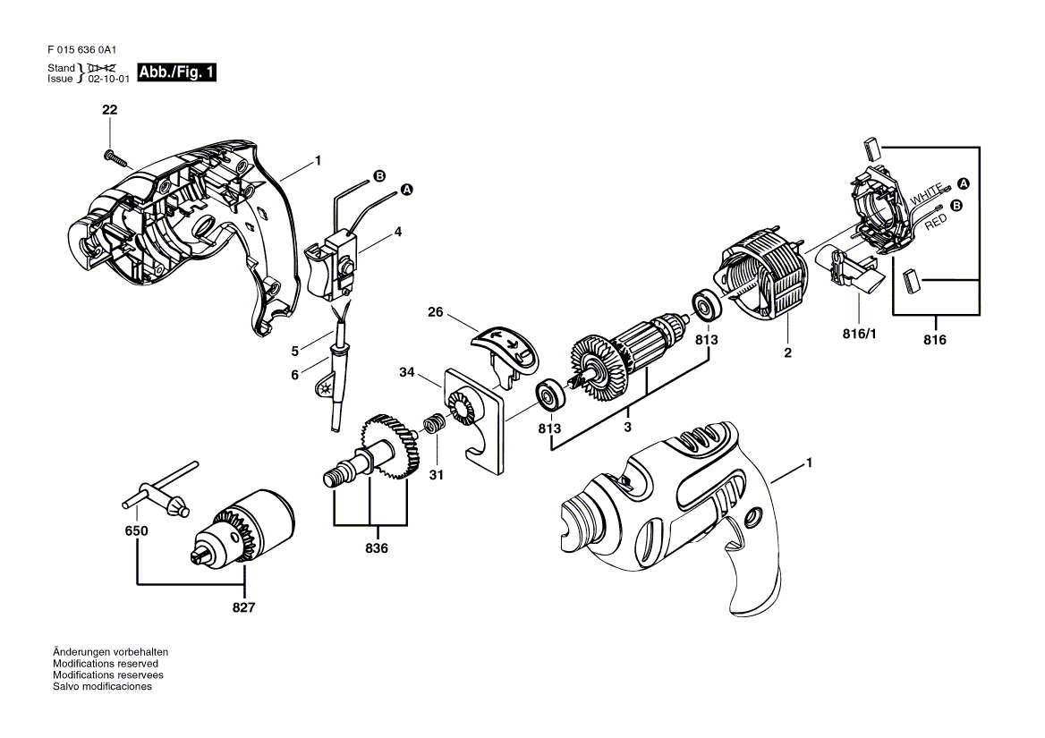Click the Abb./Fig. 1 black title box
coord(176,72)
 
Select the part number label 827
coord(244,607)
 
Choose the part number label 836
coord(377,548)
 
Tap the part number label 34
coord(407,371)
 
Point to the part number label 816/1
coord(860,334)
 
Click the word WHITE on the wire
coord(926,194)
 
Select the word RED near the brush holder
coord(936,222)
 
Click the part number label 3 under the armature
coord(627,427)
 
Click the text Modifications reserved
coord(106,664)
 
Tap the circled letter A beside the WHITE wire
coord(963,184)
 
